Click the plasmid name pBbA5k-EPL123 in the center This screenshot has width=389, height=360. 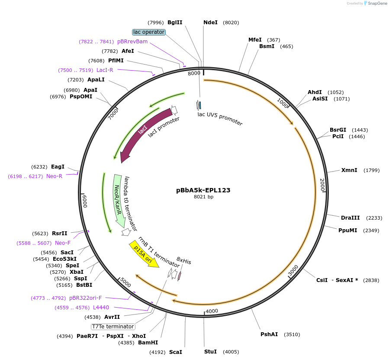[203, 190]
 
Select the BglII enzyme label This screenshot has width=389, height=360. [175, 23]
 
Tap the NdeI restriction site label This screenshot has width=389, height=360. [210, 23]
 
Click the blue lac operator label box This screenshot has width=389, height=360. [148, 32]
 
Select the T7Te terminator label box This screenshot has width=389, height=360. [113, 327]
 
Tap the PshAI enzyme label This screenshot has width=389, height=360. [269, 334]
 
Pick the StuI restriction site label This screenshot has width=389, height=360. [210, 352]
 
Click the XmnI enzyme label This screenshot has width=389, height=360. [349, 170]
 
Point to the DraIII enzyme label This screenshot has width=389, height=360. [350, 218]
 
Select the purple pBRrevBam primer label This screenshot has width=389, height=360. [132, 42]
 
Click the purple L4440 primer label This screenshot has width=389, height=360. [101, 308]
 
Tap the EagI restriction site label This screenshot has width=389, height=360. [58, 167]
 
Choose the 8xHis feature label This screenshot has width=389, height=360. [184, 262]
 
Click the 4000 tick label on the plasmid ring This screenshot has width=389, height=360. [212, 311]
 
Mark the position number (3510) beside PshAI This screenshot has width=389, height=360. [292, 334]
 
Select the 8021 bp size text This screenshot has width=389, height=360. [203, 197]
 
